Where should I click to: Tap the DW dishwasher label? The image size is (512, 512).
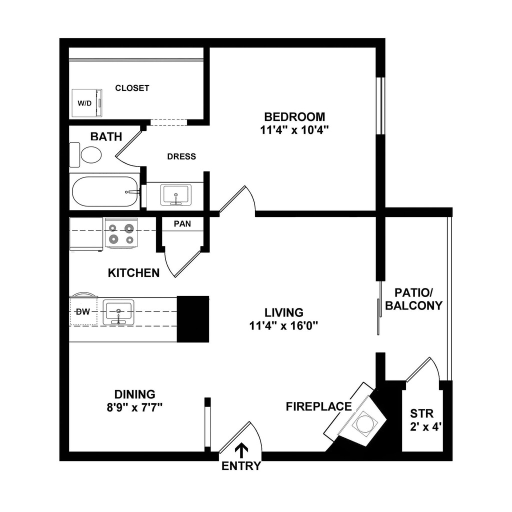pos(82,312)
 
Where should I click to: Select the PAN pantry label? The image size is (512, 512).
pos(182,223)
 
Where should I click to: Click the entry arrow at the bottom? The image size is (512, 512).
pos(241,450)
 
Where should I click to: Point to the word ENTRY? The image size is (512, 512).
pos(241,466)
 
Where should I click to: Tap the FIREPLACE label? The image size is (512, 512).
pos(318,406)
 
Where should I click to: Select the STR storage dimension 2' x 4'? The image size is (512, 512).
pos(422,427)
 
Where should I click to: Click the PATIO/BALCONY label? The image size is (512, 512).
pos(413,298)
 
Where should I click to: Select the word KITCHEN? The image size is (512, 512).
pos(134,273)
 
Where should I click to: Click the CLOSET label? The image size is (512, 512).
pos(132,88)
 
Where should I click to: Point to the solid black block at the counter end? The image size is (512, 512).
pos(193,319)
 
